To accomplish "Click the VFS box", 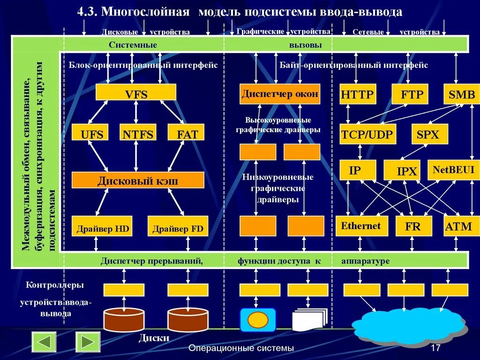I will click(x=136, y=92).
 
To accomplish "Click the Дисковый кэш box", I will click(x=138, y=180).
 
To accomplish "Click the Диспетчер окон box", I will click(x=280, y=94).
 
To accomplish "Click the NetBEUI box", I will click(x=453, y=170).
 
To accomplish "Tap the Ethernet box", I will click(x=361, y=226).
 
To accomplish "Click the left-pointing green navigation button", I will click(x=44, y=342).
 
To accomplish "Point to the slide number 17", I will click(x=435, y=348).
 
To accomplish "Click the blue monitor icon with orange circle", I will click(x=257, y=319).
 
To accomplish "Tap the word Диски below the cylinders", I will click(x=154, y=338).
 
